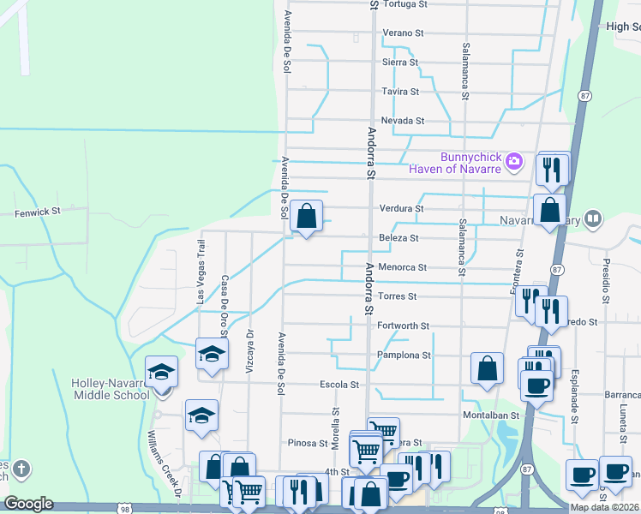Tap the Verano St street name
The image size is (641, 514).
tap(403, 33)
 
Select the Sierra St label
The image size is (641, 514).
tap(400, 62)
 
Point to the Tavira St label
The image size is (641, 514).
tap(400, 91)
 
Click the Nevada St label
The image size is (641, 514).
tap(403, 121)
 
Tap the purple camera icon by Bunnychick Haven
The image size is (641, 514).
tap(514, 160)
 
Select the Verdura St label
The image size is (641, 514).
tap(401, 208)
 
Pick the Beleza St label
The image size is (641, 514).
tap(398, 237)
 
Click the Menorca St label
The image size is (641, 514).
tap(402, 267)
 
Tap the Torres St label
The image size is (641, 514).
tap(397, 296)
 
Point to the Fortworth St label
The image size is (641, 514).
tap(402, 326)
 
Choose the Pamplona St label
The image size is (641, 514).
tap(402, 355)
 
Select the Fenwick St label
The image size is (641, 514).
tap(39, 211)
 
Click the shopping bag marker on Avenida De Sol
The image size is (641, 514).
tap(306, 216)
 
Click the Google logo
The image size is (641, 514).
tap(28, 504)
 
